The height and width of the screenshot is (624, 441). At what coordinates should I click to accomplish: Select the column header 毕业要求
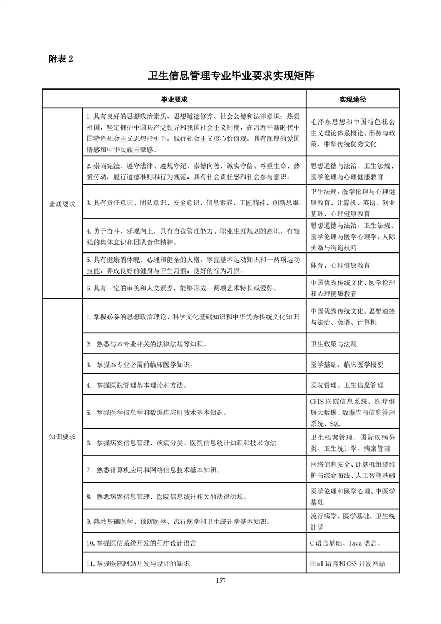174,100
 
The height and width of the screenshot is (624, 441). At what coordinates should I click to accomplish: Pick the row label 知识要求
62,436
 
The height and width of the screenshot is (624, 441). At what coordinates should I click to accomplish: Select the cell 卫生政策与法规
334,344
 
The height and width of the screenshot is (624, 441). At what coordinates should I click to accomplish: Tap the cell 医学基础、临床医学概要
346,365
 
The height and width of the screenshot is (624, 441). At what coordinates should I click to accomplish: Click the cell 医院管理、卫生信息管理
346,385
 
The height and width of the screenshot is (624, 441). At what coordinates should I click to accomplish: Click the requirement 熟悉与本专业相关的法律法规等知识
147,344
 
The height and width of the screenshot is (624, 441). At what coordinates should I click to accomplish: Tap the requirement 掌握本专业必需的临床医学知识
140,365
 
